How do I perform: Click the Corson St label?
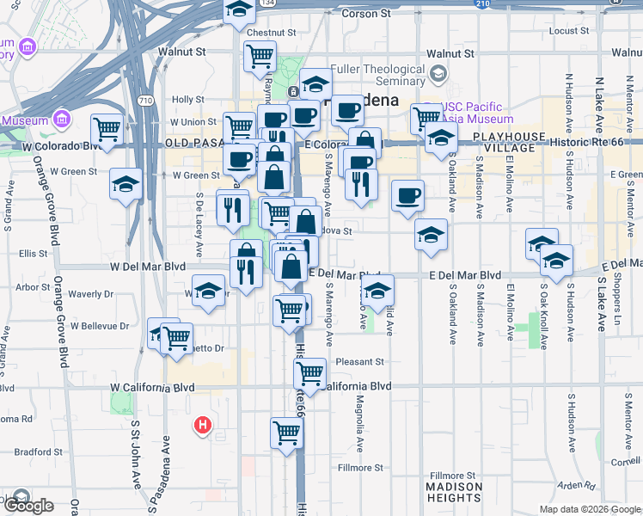(365, 14)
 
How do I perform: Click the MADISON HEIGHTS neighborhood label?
(454, 492)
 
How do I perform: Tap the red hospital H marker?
(203, 424)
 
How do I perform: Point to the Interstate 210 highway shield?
(482, 3)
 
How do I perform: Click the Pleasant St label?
(360, 362)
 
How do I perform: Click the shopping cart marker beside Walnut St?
(260, 57)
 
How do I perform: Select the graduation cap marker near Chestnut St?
(239, 10)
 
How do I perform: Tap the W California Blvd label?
(153, 388)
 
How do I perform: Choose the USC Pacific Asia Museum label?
(476, 113)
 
